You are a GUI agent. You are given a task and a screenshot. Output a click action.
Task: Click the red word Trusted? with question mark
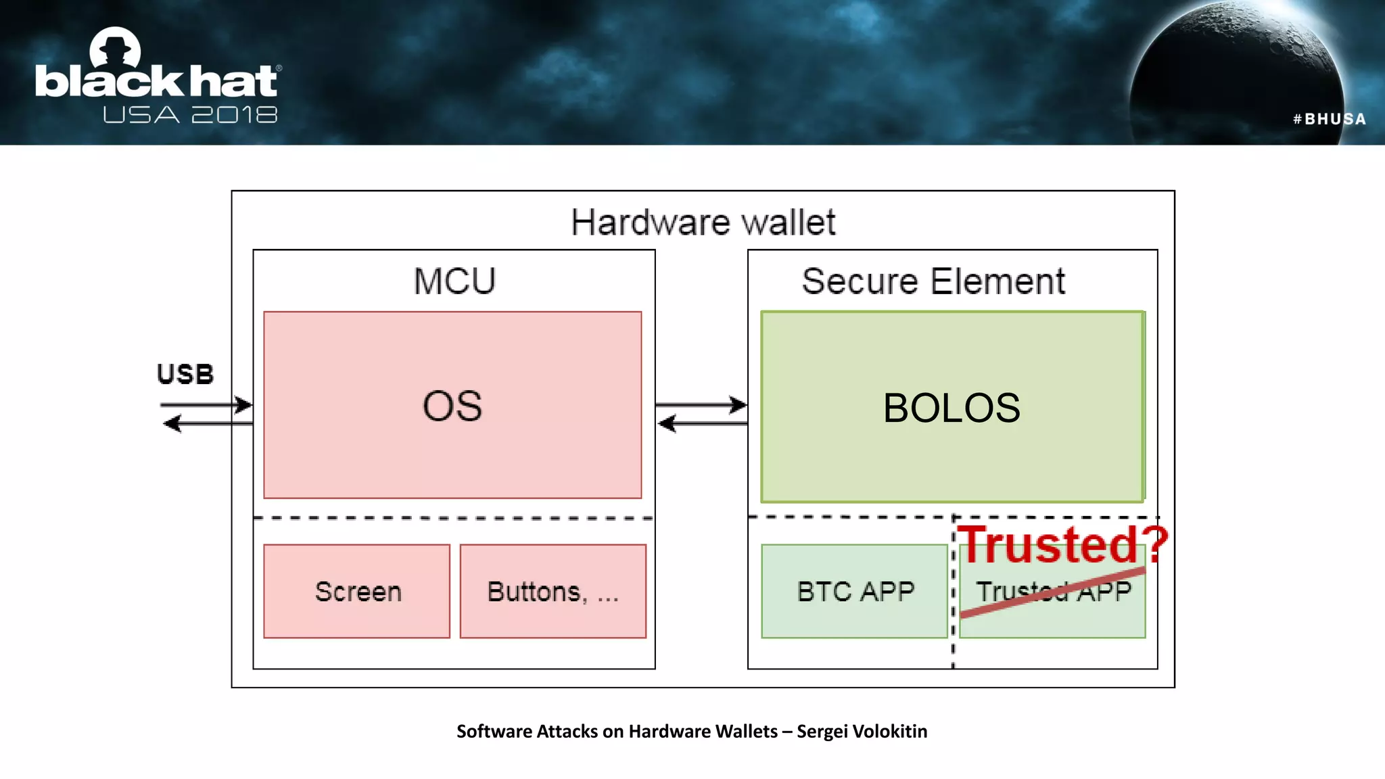(x=1062, y=544)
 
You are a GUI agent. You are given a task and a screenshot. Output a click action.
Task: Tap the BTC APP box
(x=854, y=592)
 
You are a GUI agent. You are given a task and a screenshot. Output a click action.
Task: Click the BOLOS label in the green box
(x=952, y=408)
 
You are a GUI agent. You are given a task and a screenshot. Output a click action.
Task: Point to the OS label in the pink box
(x=452, y=406)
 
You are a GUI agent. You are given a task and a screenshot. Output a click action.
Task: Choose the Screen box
(x=357, y=592)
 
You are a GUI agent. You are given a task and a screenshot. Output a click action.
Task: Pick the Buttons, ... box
(x=553, y=592)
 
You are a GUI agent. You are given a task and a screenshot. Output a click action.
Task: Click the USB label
(x=185, y=374)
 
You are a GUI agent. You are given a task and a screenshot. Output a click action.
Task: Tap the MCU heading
(x=454, y=281)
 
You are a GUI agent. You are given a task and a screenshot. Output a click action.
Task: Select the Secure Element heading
(x=933, y=281)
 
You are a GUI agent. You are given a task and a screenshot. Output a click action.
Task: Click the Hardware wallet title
(x=703, y=222)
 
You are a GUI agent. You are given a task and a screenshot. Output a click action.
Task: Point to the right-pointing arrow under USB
(x=206, y=405)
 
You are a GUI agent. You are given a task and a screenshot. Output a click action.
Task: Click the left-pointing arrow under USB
(x=206, y=424)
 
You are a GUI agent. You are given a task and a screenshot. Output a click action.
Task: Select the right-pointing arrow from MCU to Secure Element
(x=701, y=405)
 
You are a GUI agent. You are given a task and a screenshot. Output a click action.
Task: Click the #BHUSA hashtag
(x=1329, y=119)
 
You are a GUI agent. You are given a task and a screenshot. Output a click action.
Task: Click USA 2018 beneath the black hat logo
(x=190, y=115)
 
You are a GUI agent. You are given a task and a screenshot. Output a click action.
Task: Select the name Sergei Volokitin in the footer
(x=862, y=731)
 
